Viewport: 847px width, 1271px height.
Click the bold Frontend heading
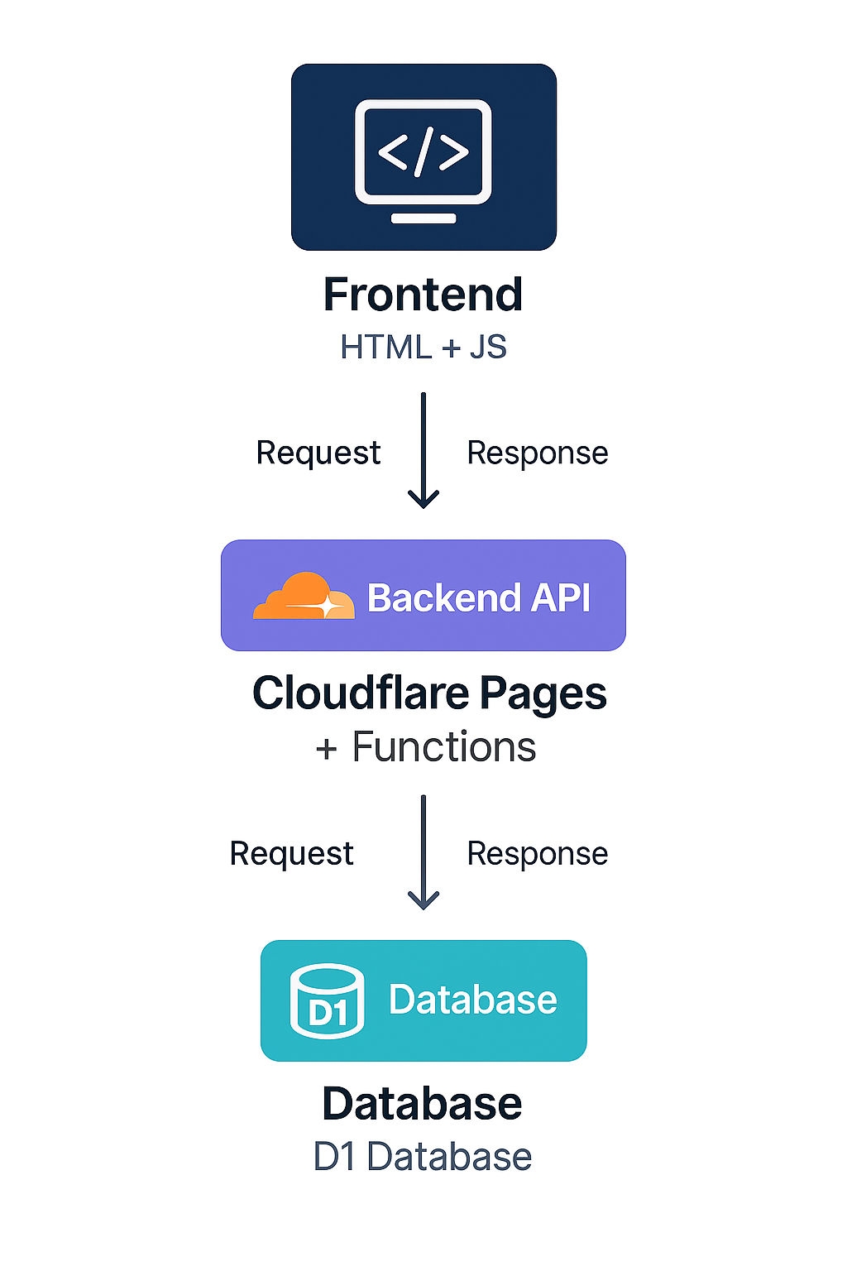tap(423, 295)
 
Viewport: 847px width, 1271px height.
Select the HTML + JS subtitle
tap(423, 347)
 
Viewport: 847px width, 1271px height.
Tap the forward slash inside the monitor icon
tap(423, 152)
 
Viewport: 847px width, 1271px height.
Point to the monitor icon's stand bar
tap(423, 218)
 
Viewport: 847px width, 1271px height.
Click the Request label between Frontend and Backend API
tap(318, 453)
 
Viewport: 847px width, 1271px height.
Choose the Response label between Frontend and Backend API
tap(537, 453)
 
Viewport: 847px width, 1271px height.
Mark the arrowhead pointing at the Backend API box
tap(423, 500)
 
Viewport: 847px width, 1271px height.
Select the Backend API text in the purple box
tap(478, 597)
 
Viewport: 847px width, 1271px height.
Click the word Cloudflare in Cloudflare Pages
tap(361, 693)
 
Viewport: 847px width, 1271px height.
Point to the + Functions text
tap(425, 746)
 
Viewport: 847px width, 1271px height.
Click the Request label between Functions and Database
tap(291, 854)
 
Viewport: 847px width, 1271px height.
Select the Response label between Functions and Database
tap(537, 854)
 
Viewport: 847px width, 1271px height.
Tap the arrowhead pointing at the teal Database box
tap(423, 901)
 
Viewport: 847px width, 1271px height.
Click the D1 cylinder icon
tap(327, 1001)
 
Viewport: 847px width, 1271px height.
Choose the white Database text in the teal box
tap(472, 1000)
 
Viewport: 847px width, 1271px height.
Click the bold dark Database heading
tap(422, 1104)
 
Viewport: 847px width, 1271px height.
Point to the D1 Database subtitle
tap(422, 1157)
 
